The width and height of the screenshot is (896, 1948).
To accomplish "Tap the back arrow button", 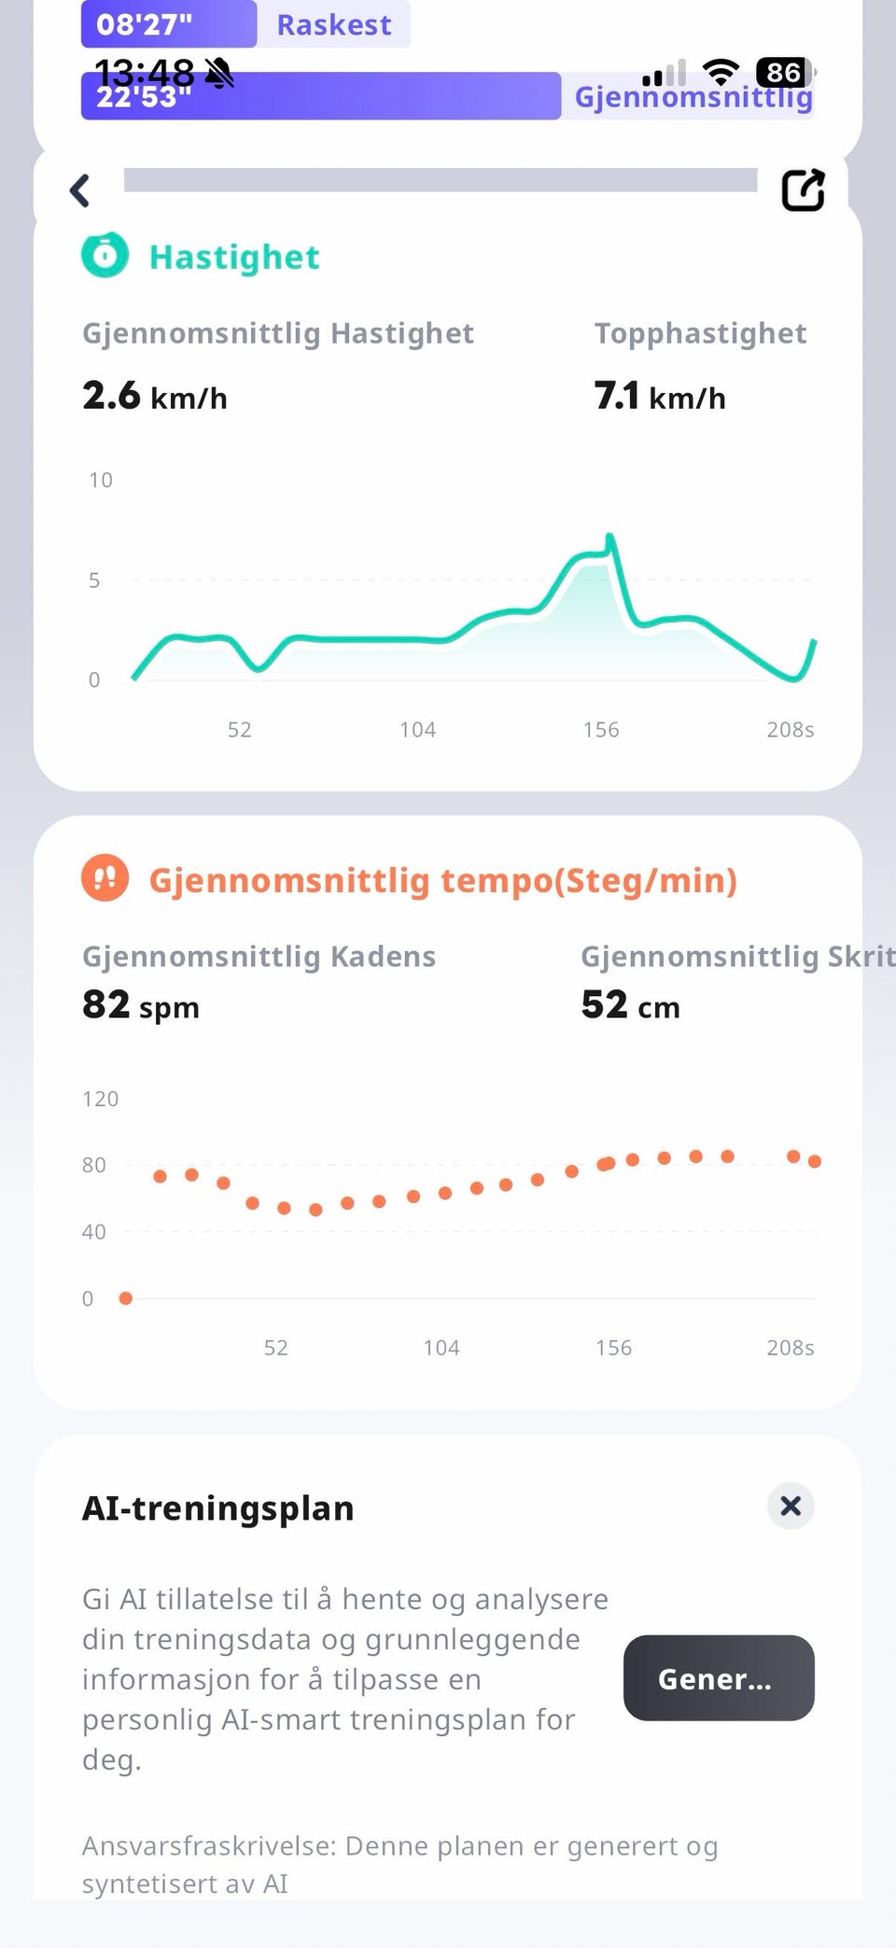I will tap(80, 190).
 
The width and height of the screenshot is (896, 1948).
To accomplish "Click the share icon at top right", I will tap(803, 190).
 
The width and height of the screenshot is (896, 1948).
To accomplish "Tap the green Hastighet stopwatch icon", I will tap(105, 255).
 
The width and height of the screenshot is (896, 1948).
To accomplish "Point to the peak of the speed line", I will tap(609, 537).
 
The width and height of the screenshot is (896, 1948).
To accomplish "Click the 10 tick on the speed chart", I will tap(100, 480).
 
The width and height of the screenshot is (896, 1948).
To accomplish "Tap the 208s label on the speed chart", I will tap(790, 730).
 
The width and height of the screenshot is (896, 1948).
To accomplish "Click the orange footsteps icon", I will tap(105, 878).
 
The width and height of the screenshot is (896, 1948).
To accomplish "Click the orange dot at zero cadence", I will tap(126, 1298).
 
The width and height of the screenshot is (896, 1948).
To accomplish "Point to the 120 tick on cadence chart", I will tap(100, 1099).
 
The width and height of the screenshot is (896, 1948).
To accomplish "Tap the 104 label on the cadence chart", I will tap(441, 1348).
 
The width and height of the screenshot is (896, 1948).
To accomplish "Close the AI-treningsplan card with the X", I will tap(791, 1506).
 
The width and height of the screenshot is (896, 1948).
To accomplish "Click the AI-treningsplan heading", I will tap(218, 1508).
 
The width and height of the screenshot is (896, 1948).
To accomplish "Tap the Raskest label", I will tap(334, 24).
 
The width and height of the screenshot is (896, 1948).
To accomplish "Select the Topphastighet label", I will tap(700, 333).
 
